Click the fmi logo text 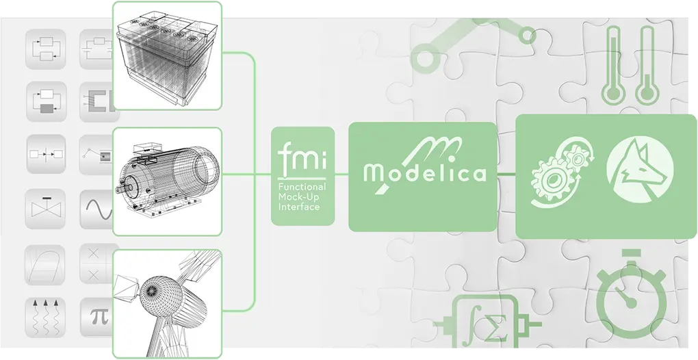pyautogui.click(x=302, y=156)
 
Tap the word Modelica pyautogui.click(x=424, y=172)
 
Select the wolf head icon pyautogui.click(x=640, y=170)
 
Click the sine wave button pyautogui.click(x=97, y=209)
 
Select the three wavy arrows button pyautogui.click(x=45, y=318)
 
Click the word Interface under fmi pyautogui.click(x=299, y=207)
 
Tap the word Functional pyautogui.click(x=302, y=187)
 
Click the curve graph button pyautogui.click(x=45, y=265)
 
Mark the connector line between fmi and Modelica pyautogui.click(x=341, y=174)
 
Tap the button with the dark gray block pyautogui.click(x=47, y=101)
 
